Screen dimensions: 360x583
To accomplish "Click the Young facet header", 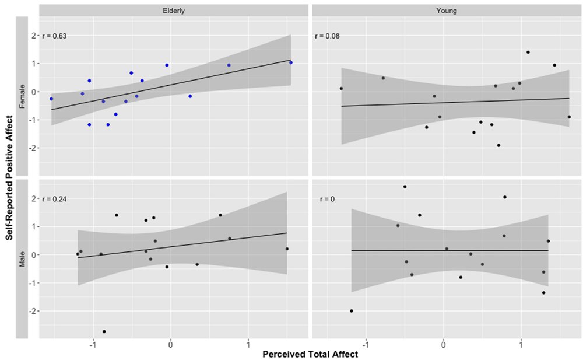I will (446, 11).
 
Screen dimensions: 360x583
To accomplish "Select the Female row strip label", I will (22, 95).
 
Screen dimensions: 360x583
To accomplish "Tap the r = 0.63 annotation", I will (55, 36).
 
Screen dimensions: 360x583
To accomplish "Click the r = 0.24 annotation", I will (55, 199).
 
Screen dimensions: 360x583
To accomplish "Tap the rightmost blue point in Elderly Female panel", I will (291, 62).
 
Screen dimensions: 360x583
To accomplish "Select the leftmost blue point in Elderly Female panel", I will (51, 99).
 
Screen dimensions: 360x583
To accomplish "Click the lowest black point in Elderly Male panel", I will (104, 331).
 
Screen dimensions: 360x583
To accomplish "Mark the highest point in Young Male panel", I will (405, 187).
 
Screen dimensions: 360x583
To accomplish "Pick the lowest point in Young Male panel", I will (352, 311).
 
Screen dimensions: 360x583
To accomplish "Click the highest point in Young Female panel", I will (528, 52).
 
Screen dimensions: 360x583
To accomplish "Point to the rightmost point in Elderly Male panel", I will (287, 249).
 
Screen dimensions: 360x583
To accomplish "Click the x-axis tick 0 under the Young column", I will (443, 343).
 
